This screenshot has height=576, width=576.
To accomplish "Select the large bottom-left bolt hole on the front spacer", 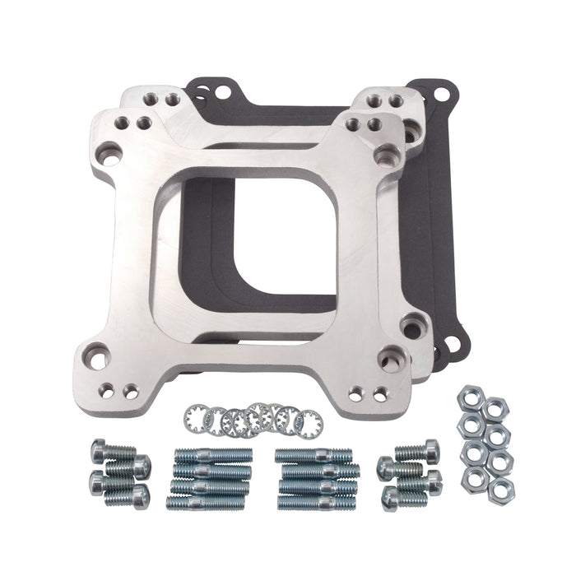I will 97,358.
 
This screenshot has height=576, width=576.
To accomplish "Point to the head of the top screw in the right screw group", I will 430,449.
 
